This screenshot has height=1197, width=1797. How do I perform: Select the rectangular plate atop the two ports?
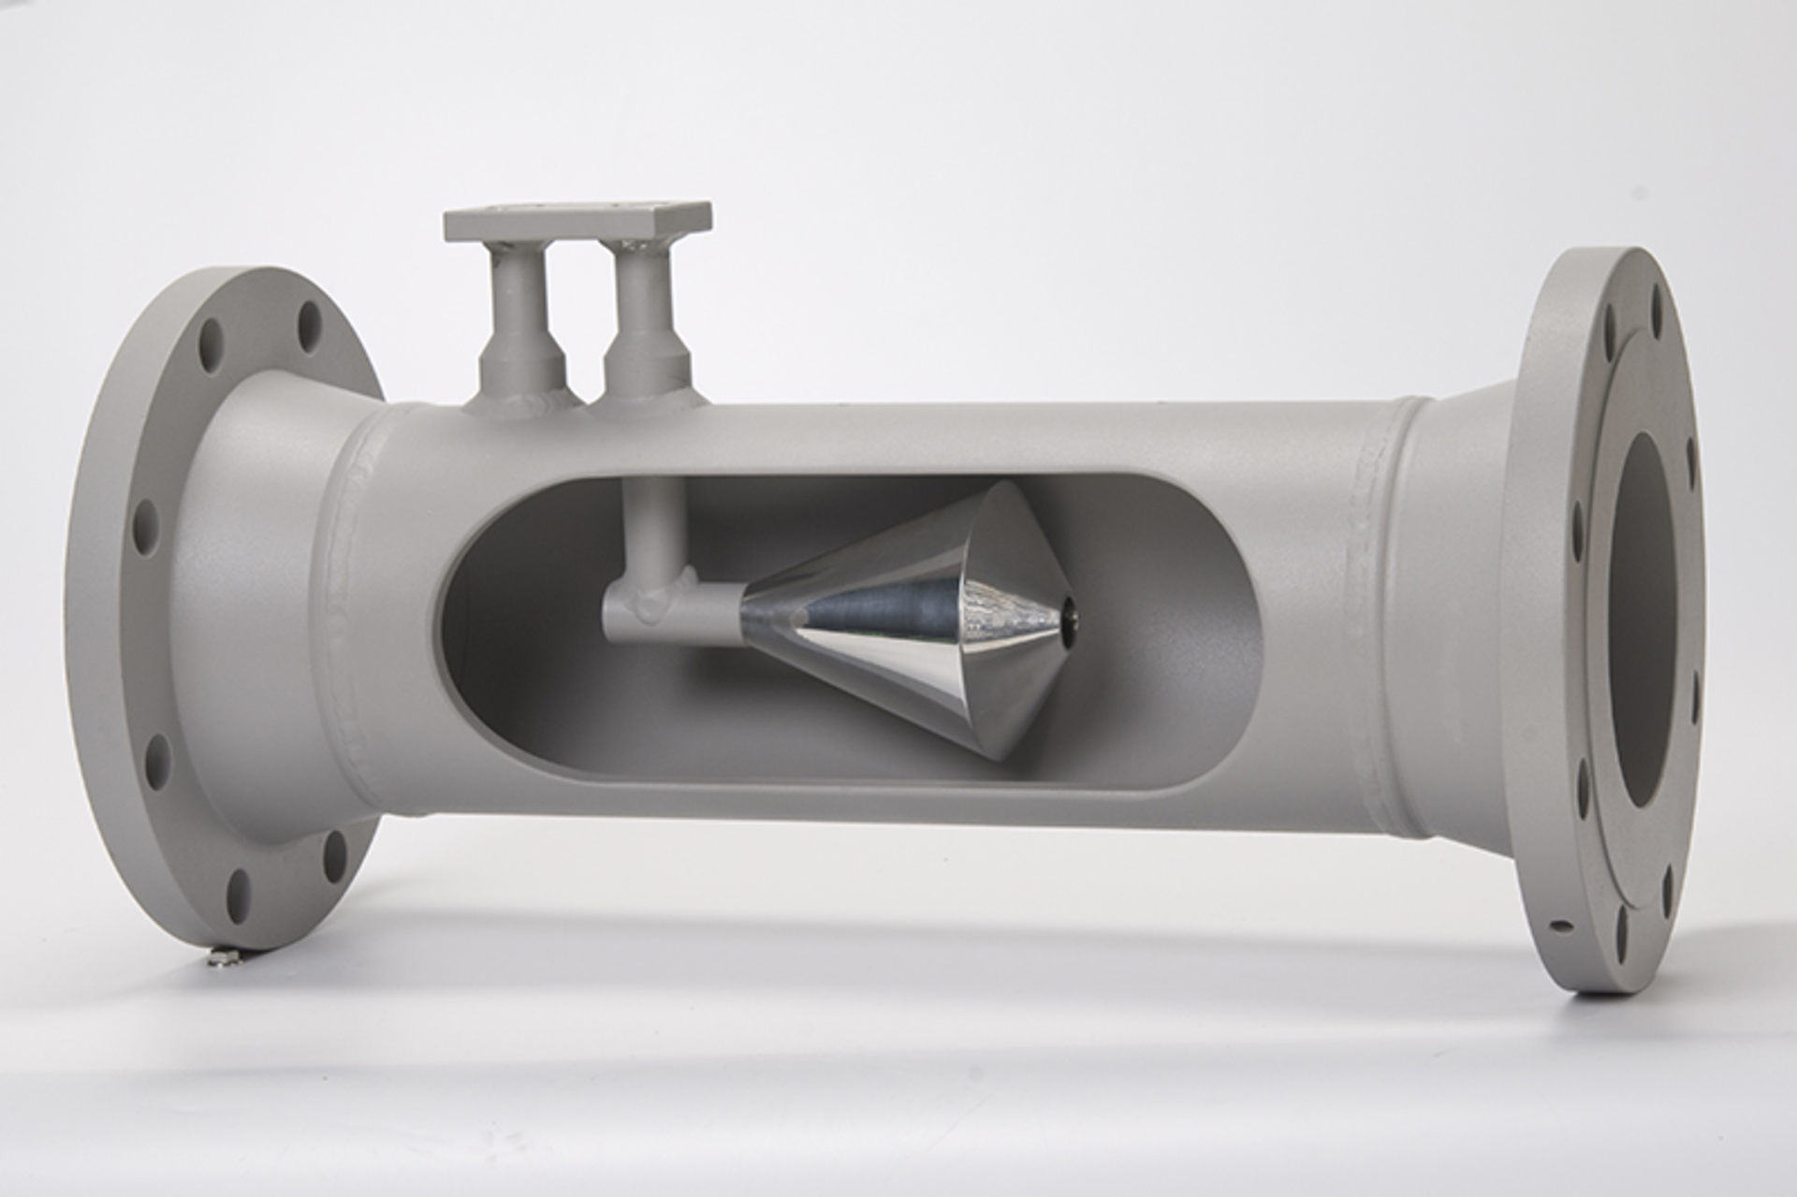click(577, 222)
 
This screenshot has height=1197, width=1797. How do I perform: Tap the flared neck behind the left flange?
click(262, 599)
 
